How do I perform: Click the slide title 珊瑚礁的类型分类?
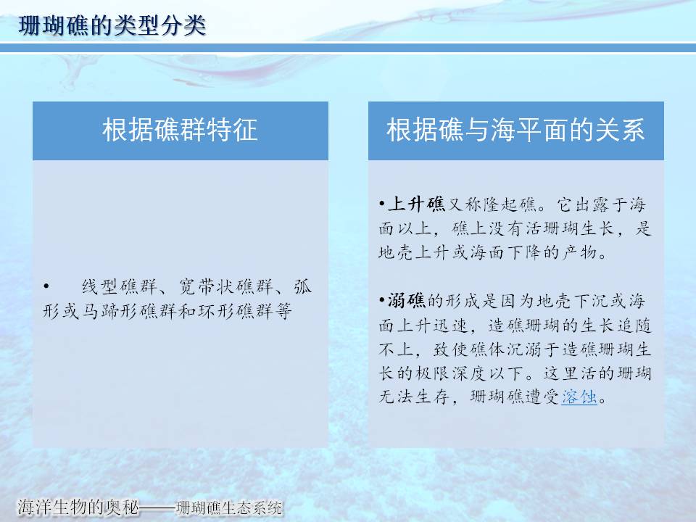(x=112, y=25)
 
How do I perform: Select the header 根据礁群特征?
(x=180, y=130)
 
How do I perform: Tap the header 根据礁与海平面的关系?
(x=515, y=130)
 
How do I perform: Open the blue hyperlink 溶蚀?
(x=579, y=397)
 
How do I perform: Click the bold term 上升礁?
(x=416, y=204)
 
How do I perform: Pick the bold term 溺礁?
(x=407, y=300)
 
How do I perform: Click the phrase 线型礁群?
(x=120, y=287)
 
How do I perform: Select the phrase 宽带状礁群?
(x=225, y=287)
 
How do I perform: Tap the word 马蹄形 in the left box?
(x=110, y=311)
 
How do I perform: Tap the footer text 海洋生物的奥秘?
(x=78, y=507)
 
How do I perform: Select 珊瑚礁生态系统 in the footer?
(x=229, y=507)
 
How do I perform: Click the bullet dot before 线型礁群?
(x=46, y=287)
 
